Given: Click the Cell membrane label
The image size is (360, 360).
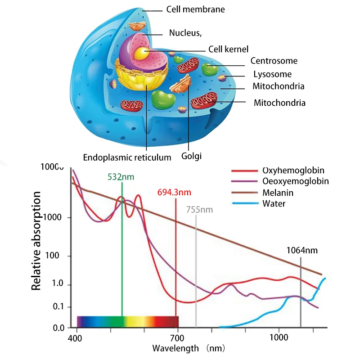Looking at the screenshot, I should [195, 9].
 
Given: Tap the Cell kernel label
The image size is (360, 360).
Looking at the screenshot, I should [228, 49].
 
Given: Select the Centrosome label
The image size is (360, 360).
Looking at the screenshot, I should [274, 61].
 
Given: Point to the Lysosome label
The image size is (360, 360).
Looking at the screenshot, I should [272, 74].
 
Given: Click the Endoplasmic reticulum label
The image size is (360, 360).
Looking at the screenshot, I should [127, 157].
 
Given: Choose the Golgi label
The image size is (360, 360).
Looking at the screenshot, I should [191, 157].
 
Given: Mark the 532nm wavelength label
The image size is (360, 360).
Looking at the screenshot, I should [121, 176].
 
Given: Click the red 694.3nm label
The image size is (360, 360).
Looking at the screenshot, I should [174, 193].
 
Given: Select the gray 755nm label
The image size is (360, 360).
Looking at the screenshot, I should [199, 210].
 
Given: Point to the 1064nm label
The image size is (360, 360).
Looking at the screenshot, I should [302, 250].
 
